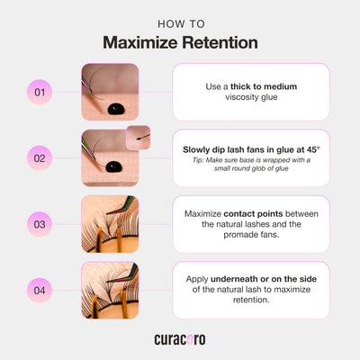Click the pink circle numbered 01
(40, 92)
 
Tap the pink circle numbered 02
(40, 158)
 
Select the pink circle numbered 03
(40, 224)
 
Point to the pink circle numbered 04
(40, 290)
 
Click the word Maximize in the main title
(140, 42)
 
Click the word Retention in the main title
(220, 42)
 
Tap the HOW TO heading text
(181, 24)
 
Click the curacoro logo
(180, 339)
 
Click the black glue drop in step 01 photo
(116, 109)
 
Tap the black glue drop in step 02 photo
(113, 166)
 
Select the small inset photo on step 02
(138, 138)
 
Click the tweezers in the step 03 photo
(122, 205)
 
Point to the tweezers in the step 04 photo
(123, 273)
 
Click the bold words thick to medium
(264, 86)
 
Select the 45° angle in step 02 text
(313, 149)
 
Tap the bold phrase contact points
(253, 214)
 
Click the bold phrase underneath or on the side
(264, 279)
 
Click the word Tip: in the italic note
(198, 160)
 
